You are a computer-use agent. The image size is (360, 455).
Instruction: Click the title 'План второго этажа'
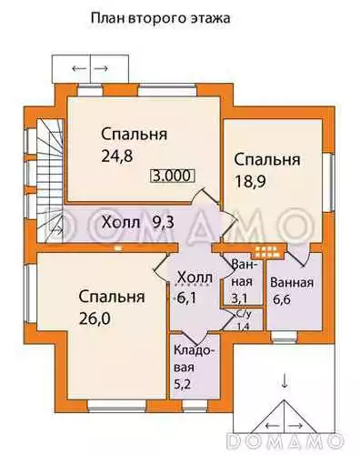(x=160, y=19)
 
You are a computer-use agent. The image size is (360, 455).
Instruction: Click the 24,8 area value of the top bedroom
(x=117, y=157)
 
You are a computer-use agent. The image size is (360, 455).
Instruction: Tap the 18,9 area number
(x=250, y=182)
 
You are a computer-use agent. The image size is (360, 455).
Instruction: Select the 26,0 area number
(x=95, y=318)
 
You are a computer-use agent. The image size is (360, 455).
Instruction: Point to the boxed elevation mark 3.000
(x=172, y=176)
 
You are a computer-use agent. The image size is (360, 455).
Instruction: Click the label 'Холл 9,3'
(x=138, y=223)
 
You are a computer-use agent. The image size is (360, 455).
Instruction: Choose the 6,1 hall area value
(x=186, y=298)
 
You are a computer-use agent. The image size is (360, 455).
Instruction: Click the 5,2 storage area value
(x=183, y=384)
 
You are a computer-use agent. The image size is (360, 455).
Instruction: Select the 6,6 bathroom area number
(x=282, y=299)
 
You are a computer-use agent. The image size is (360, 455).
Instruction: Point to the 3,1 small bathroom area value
(x=239, y=298)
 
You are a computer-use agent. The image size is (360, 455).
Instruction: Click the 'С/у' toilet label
(x=243, y=314)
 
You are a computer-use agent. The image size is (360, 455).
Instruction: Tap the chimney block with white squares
(x=268, y=250)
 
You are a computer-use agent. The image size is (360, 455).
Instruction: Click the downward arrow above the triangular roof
(x=285, y=380)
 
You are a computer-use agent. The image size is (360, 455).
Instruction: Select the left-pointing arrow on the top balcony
(x=79, y=68)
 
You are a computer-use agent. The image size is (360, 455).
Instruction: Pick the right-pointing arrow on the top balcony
(x=101, y=68)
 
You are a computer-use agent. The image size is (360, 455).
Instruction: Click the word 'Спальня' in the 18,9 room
(x=267, y=159)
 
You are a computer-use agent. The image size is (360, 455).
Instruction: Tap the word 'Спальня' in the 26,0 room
(x=112, y=297)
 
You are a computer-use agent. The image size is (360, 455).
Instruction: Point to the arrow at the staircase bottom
(x=57, y=230)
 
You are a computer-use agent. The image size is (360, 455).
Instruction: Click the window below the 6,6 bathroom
(x=284, y=337)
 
